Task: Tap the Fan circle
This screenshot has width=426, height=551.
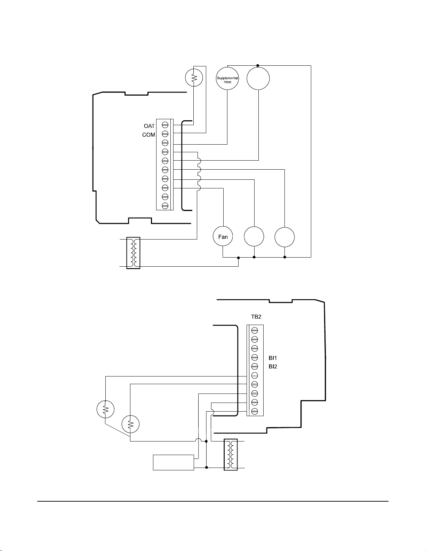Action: click(223, 237)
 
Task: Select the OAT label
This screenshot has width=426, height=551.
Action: click(149, 126)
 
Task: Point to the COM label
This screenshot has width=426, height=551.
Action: click(148, 135)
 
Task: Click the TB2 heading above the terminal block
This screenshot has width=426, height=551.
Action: click(256, 317)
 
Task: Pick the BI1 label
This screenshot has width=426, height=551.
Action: click(273, 358)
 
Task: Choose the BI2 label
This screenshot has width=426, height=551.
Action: click(273, 366)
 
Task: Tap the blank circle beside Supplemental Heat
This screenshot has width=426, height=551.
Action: click(258, 78)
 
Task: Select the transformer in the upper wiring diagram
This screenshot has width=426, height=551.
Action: click(133, 253)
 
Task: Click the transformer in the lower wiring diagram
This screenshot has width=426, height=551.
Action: click(231, 455)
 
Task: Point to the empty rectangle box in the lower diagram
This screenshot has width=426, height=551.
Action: click(174, 462)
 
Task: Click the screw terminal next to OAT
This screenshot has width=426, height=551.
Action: click(165, 124)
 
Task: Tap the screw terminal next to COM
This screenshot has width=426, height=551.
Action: click(165, 133)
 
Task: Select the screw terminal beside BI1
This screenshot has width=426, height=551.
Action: click(255, 357)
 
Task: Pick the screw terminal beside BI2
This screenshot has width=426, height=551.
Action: click(255, 366)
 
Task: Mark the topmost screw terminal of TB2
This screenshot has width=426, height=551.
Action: click(255, 330)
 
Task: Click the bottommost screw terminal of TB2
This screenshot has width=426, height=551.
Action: click(255, 411)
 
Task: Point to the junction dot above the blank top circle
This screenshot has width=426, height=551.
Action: click(258, 65)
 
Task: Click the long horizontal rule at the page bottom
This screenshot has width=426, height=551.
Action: click(213, 501)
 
